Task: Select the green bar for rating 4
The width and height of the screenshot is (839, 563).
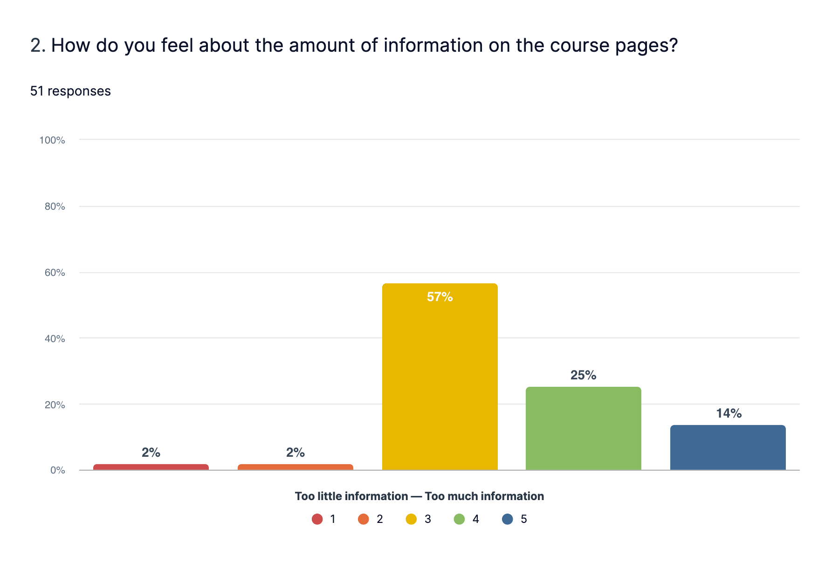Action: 583,429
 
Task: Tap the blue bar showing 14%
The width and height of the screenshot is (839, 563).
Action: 728,447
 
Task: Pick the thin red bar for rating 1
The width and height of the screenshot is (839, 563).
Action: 151,467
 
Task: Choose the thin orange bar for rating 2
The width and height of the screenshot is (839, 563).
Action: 295,467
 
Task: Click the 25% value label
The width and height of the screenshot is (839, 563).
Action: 583,375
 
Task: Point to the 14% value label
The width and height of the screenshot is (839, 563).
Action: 729,413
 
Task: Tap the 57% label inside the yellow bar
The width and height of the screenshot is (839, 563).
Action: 440,297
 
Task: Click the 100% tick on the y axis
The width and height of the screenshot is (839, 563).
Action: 52,140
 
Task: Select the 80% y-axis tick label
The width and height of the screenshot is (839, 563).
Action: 55,206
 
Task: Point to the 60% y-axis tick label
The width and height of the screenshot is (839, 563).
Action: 55,273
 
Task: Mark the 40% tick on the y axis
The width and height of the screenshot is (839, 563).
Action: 55,339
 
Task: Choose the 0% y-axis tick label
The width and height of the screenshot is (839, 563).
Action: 57,470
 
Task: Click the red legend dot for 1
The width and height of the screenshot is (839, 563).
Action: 317,519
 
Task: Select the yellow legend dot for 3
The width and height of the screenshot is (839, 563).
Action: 411,519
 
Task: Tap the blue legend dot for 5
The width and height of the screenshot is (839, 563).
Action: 508,519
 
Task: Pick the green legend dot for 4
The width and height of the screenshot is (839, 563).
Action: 459,519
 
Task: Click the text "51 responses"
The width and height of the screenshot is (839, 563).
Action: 70,91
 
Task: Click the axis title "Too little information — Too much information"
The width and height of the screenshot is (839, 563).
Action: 419,496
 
